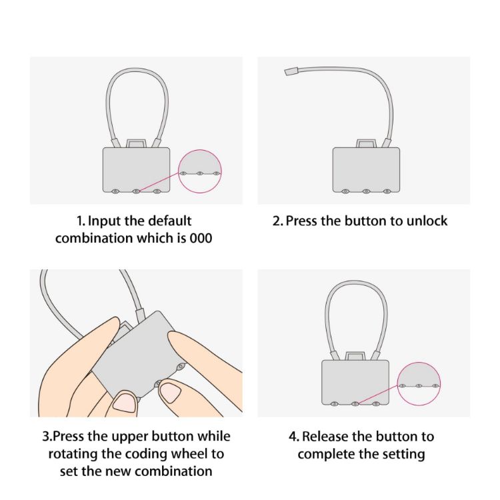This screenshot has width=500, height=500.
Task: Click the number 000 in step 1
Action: tap(200, 238)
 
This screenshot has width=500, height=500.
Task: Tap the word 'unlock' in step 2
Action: tap(425, 221)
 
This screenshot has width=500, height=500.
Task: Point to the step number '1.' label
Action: tap(80, 221)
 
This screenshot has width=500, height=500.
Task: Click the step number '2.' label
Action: tap(278, 221)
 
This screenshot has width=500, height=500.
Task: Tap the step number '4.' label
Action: tap(294, 437)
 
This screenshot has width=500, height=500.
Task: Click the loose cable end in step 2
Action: tap(291, 71)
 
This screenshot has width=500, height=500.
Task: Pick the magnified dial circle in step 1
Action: tap(200, 172)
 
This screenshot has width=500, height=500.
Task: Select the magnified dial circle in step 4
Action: tap(418, 384)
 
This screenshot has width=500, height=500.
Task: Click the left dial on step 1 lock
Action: tap(115, 191)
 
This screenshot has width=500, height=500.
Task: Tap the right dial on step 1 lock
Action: tap(157, 191)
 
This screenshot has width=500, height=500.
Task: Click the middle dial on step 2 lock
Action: tap(366, 191)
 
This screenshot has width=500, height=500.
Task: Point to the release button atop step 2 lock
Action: tap(366, 143)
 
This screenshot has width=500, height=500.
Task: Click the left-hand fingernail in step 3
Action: tap(124, 402)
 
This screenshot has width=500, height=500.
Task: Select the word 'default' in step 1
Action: tap(167, 221)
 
